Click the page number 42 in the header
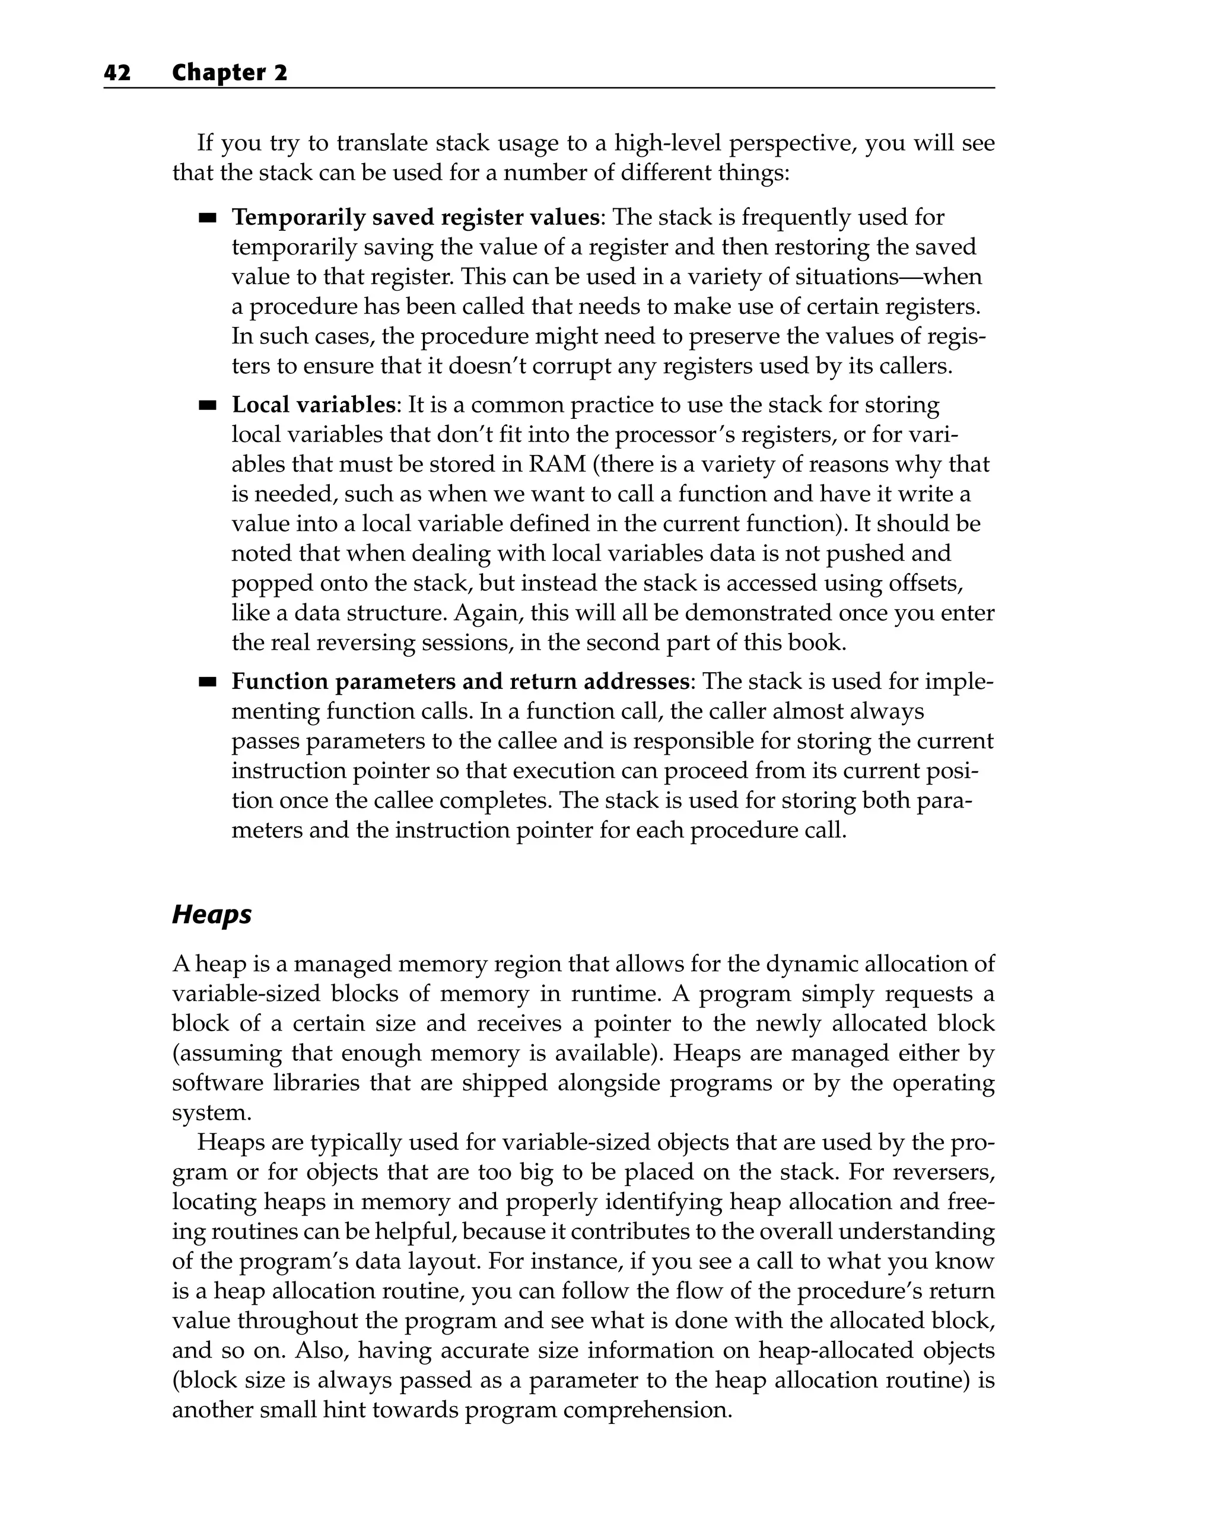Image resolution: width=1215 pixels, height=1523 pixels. (x=117, y=73)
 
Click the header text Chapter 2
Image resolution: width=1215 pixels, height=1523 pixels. (x=230, y=73)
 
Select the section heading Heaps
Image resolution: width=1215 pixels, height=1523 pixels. (x=212, y=914)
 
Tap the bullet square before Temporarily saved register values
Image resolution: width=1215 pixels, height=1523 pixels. (x=207, y=218)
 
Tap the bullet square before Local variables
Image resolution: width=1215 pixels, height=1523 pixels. (x=207, y=405)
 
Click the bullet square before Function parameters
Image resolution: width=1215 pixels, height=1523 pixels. (x=207, y=682)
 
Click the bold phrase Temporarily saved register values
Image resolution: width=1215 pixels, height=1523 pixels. (x=415, y=217)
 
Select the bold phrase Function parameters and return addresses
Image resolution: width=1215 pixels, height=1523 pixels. (x=460, y=682)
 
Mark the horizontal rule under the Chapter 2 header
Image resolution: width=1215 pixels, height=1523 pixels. (x=549, y=88)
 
